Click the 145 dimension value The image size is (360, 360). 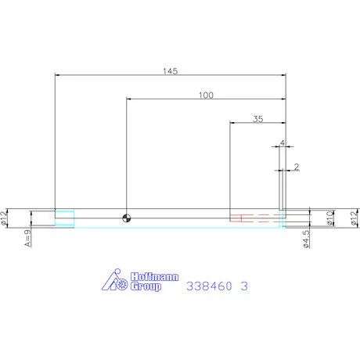(x=171, y=71)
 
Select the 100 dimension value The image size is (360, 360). (x=206, y=95)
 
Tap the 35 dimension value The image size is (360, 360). (x=258, y=119)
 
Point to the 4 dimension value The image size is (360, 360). (x=283, y=143)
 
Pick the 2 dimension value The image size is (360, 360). (x=297, y=167)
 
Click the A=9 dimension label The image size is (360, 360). (x=27, y=238)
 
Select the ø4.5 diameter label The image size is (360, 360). (x=307, y=239)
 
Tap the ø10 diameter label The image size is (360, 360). (x=330, y=218)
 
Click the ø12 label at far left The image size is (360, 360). (x=3, y=218)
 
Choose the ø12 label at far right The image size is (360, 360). (x=354, y=218)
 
